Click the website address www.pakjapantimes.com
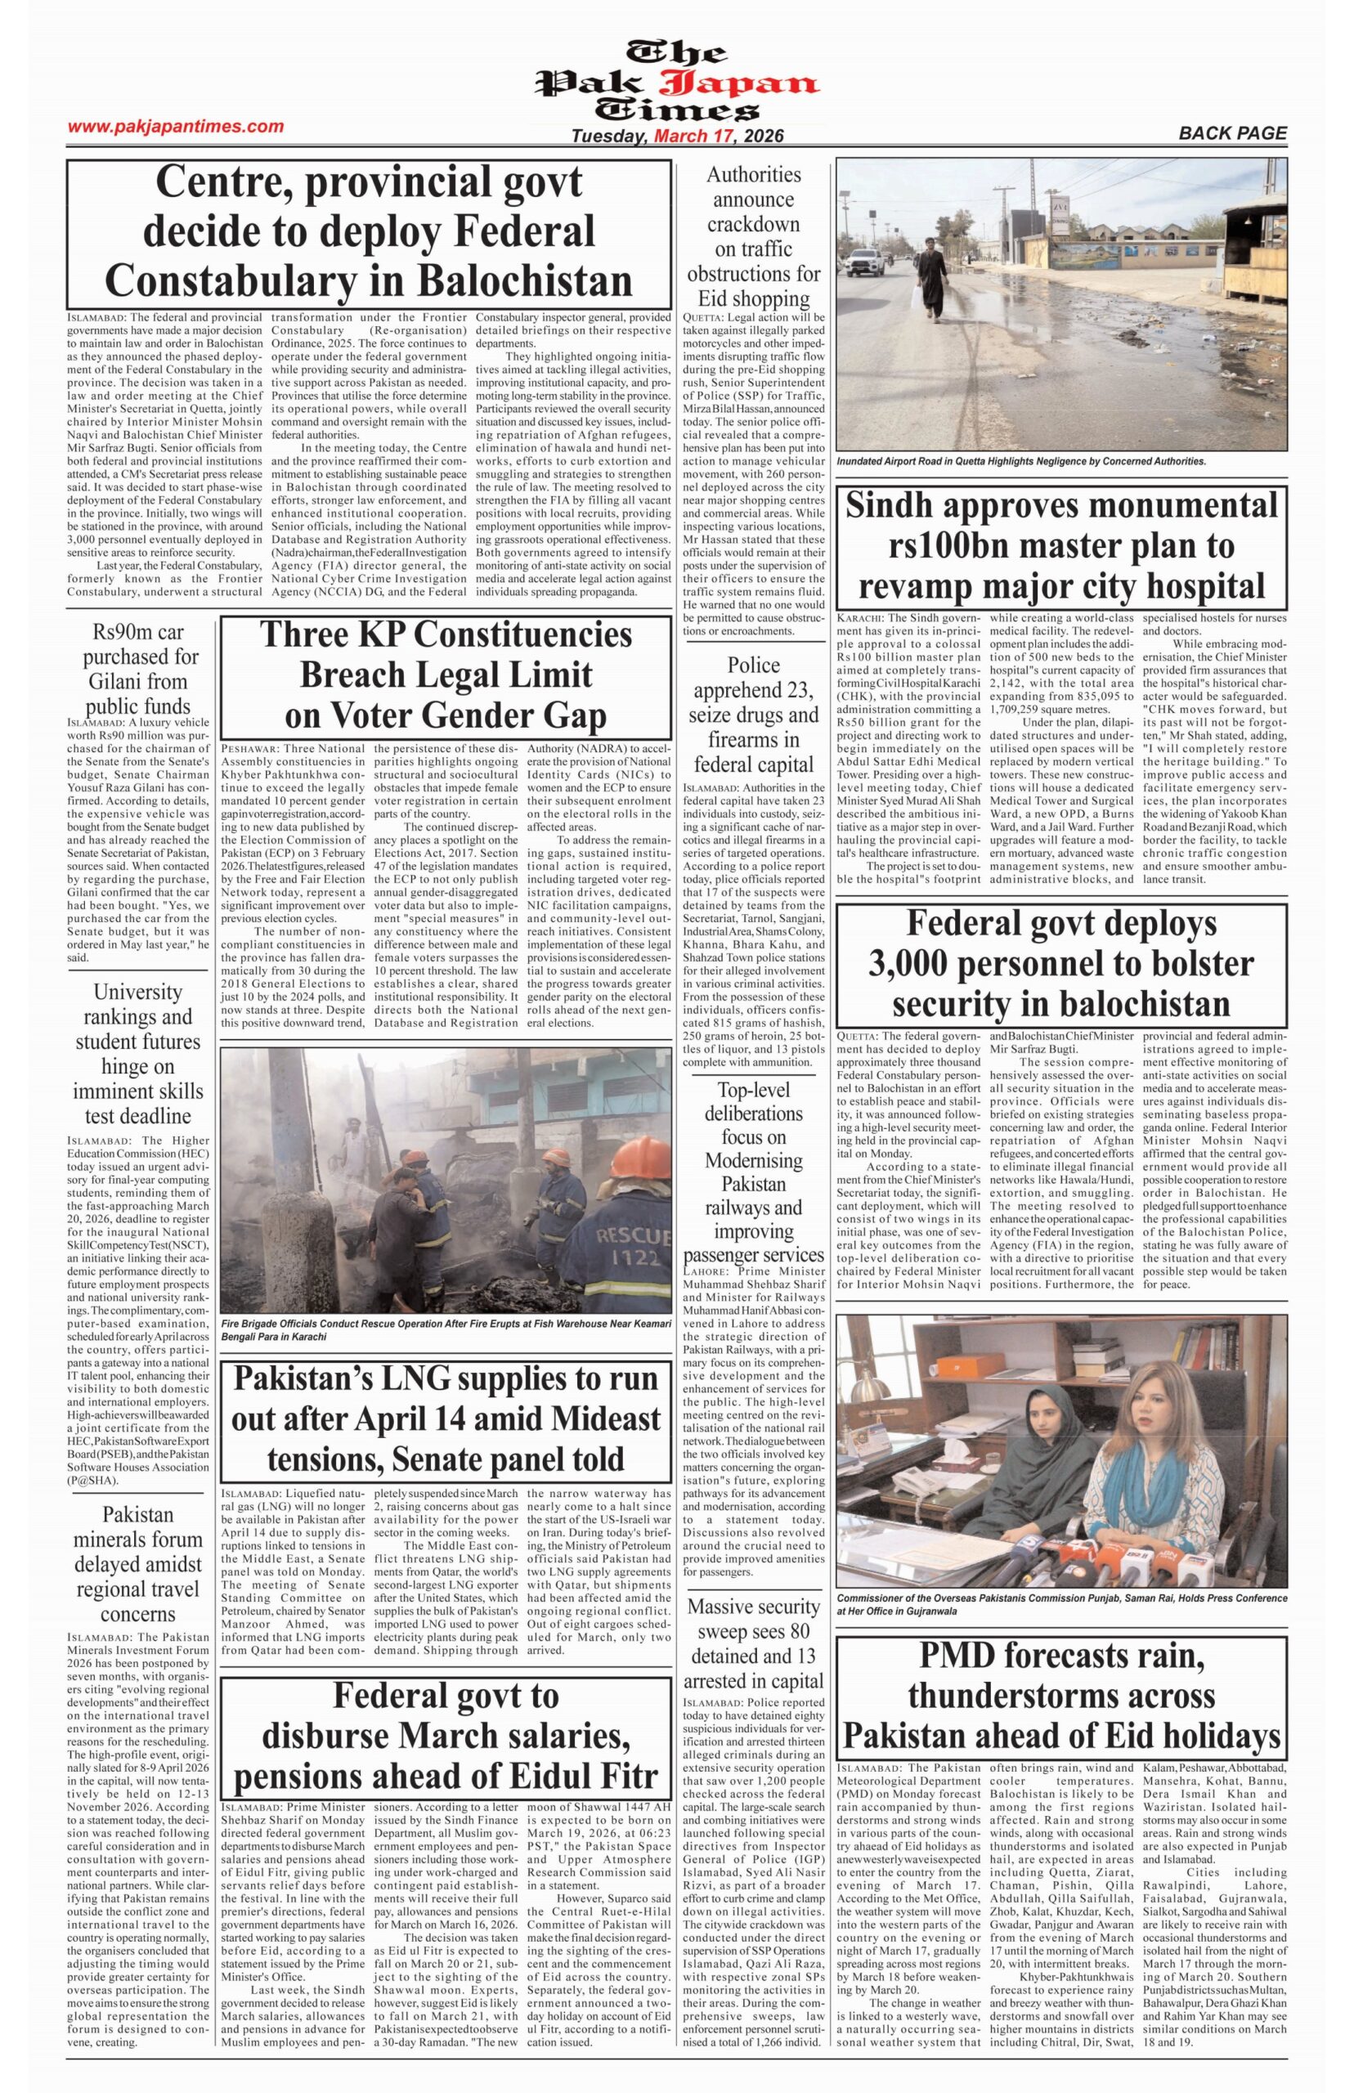176,127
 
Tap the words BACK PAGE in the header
1233,133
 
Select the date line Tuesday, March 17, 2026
677,137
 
